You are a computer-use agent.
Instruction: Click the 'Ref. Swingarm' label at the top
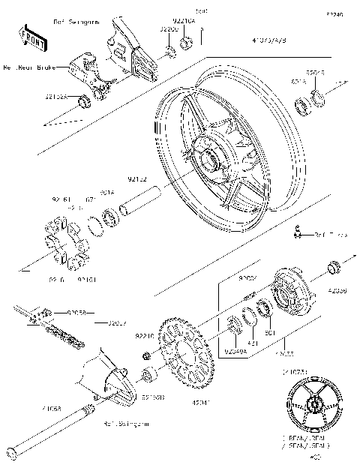point(76,23)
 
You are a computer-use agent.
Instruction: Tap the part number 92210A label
point(184,22)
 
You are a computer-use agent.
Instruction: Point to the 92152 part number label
point(137,179)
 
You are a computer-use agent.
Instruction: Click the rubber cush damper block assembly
point(64,242)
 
